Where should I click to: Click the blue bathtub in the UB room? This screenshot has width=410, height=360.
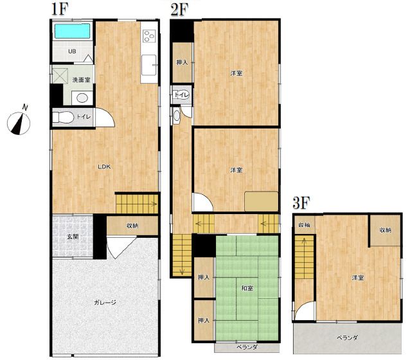(x=72, y=31)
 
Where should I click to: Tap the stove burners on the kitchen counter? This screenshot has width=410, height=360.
(x=150, y=36)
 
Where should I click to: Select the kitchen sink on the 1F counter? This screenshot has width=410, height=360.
(x=149, y=65)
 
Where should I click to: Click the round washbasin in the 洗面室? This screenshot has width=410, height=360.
(x=82, y=98)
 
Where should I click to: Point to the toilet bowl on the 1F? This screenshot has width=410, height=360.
(x=63, y=117)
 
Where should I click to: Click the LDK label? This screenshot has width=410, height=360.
(x=104, y=166)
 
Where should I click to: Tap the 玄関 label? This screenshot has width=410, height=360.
(x=73, y=237)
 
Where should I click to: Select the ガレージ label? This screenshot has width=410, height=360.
(x=105, y=303)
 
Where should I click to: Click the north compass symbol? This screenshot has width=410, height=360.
(x=19, y=122)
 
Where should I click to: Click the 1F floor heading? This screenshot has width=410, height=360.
(x=60, y=9)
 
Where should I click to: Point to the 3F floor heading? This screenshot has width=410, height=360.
(x=301, y=203)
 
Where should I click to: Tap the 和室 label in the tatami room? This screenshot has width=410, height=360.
(x=247, y=288)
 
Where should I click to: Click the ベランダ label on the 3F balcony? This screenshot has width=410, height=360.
(x=347, y=337)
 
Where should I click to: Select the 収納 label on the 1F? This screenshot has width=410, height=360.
(x=132, y=226)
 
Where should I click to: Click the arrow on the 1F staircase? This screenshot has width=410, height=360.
(x=154, y=204)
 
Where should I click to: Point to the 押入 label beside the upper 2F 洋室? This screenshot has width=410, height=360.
(x=183, y=62)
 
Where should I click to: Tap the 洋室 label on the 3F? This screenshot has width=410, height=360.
(x=357, y=277)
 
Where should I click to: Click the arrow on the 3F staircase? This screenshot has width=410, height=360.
(x=305, y=240)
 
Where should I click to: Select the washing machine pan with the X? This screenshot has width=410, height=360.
(x=60, y=76)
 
